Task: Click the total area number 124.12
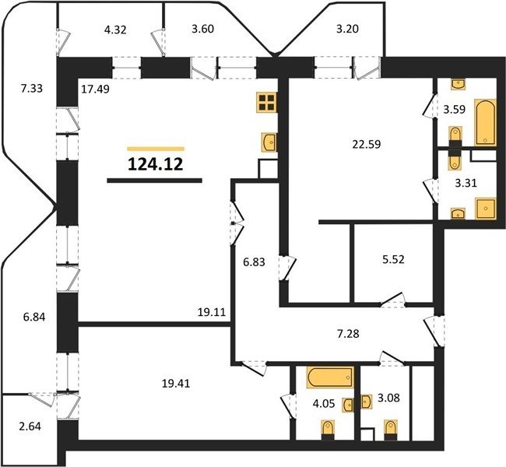(x=156, y=164)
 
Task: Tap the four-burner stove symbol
(x=266, y=102)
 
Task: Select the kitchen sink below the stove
(x=269, y=142)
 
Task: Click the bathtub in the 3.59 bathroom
(x=485, y=122)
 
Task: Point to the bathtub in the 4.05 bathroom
(x=330, y=377)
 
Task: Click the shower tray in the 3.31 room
(x=485, y=209)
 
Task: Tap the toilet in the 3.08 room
(x=391, y=430)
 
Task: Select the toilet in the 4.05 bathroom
(x=328, y=430)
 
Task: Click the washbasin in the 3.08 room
(x=367, y=402)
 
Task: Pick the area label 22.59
(x=367, y=144)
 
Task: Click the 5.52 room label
(x=393, y=259)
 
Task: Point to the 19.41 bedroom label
(x=176, y=384)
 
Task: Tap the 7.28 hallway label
(x=348, y=334)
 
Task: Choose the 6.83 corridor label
(x=254, y=262)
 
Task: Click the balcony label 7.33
(x=32, y=88)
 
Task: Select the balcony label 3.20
(x=347, y=29)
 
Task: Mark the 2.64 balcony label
(x=30, y=427)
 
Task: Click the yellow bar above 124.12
(x=156, y=149)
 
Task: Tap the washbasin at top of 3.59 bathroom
(x=458, y=84)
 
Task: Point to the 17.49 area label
(x=95, y=89)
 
